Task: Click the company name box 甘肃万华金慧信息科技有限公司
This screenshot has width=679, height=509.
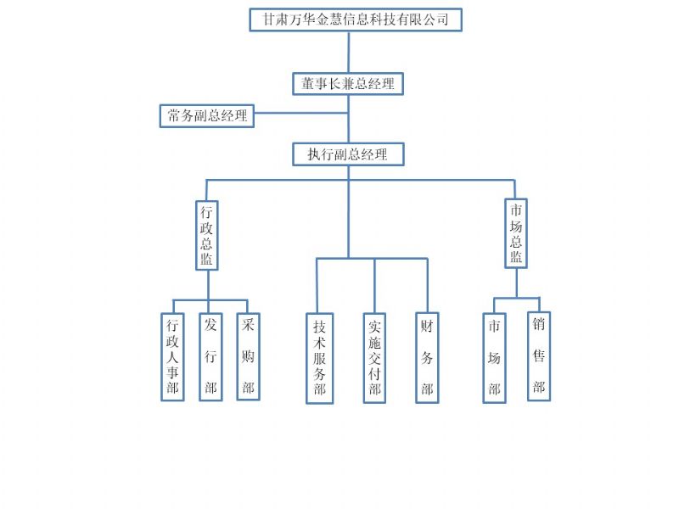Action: (x=355, y=20)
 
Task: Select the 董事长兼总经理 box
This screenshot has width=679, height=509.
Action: (x=347, y=83)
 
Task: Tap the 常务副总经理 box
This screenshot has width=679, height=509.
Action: (x=207, y=115)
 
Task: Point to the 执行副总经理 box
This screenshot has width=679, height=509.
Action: (x=347, y=154)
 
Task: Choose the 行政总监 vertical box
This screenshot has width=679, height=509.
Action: (x=206, y=234)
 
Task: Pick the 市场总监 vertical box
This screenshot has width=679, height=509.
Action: (x=515, y=232)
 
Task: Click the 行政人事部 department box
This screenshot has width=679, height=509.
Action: (x=172, y=356)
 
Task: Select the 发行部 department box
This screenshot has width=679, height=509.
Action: (x=210, y=356)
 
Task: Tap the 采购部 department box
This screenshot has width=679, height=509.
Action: (x=248, y=356)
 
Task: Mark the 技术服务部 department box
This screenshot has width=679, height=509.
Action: (x=319, y=358)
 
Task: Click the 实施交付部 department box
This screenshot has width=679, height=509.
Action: (x=374, y=358)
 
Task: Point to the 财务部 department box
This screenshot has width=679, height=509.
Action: (x=427, y=358)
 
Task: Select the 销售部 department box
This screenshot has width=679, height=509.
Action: (x=538, y=356)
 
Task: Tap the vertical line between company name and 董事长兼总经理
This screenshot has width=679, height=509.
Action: (x=348, y=52)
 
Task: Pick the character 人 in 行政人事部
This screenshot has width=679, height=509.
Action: (x=172, y=356)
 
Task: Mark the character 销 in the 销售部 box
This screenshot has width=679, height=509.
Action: (x=538, y=324)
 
